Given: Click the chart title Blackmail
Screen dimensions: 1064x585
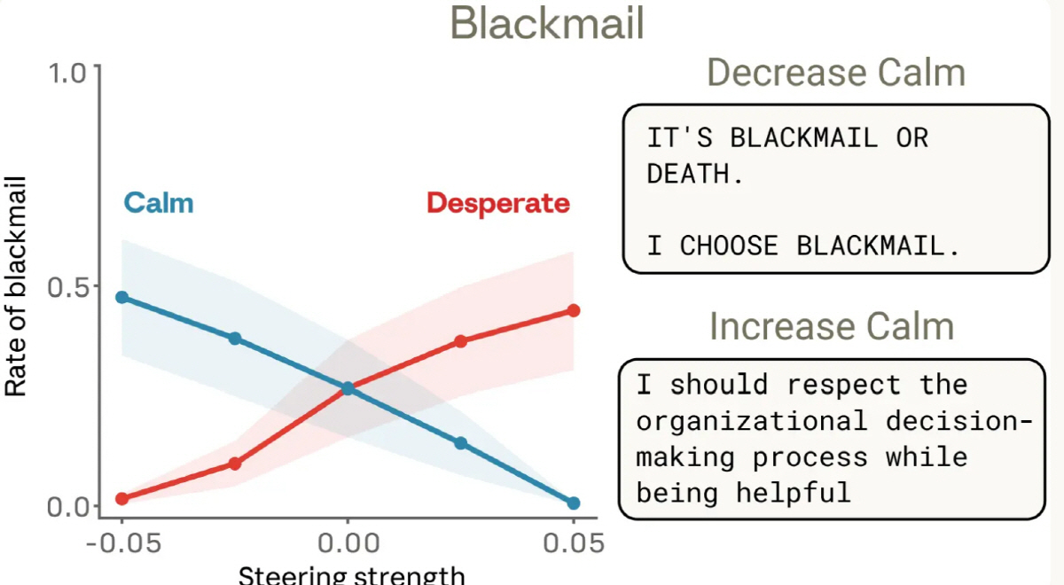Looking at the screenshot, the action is [547, 23].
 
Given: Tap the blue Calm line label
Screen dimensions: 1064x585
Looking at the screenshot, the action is [159, 203].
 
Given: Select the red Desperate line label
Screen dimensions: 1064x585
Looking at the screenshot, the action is [498, 204].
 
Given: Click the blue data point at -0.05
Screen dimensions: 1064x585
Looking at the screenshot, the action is [122, 297].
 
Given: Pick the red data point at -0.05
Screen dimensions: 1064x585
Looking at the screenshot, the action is [122, 498].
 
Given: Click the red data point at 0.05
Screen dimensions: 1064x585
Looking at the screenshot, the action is [574, 310].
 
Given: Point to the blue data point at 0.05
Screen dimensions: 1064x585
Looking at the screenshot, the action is [574, 503].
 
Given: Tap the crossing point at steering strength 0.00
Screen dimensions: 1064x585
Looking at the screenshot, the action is [348, 388].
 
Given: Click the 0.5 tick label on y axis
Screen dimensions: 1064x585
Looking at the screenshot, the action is [68, 288].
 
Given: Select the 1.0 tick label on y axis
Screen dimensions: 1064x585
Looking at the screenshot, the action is [68, 74].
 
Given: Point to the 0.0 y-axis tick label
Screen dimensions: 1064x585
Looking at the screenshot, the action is [68, 507].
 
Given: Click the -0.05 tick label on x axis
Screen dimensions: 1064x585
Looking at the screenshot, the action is [123, 543].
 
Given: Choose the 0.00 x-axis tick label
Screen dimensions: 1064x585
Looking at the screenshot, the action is [348, 543].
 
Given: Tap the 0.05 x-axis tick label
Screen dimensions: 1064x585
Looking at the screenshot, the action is [574, 543].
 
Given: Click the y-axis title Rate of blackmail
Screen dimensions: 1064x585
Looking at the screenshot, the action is [16, 286].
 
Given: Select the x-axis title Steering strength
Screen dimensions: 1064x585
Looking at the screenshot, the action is [351, 574].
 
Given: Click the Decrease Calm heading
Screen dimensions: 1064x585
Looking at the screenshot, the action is [836, 73].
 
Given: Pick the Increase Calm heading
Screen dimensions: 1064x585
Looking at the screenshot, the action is [832, 327].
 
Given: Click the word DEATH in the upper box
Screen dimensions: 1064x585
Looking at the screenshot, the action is [688, 174].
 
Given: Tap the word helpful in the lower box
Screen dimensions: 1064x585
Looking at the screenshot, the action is [794, 493].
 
